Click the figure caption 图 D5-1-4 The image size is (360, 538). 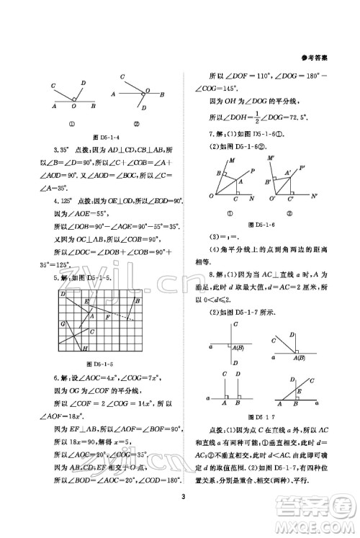point(96,137)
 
